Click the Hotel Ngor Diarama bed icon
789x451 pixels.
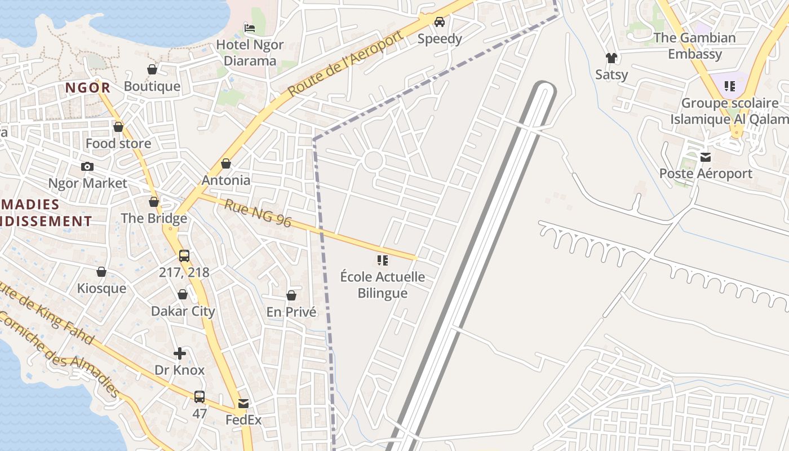coord(250,28)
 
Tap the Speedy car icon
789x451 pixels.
coord(440,22)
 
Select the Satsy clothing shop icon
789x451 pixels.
coord(611,58)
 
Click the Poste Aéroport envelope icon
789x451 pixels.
coord(706,157)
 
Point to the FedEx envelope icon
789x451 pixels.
coord(243,404)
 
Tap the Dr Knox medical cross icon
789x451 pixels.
coord(180,353)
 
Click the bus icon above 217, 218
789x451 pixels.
coord(184,255)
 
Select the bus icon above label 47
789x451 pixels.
coord(200,396)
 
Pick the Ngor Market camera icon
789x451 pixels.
coord(87,166)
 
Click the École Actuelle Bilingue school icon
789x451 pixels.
coord(383,260)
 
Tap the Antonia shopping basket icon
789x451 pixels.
coord(226,163)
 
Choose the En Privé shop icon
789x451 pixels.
coord(291,295)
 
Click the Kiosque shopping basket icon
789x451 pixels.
coord(101,272)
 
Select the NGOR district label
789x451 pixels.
coord(88,87)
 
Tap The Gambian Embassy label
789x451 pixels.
coord(695,46)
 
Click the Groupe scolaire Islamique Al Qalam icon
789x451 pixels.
coord(730,86)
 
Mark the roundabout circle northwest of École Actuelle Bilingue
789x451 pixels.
coord(374,161)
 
